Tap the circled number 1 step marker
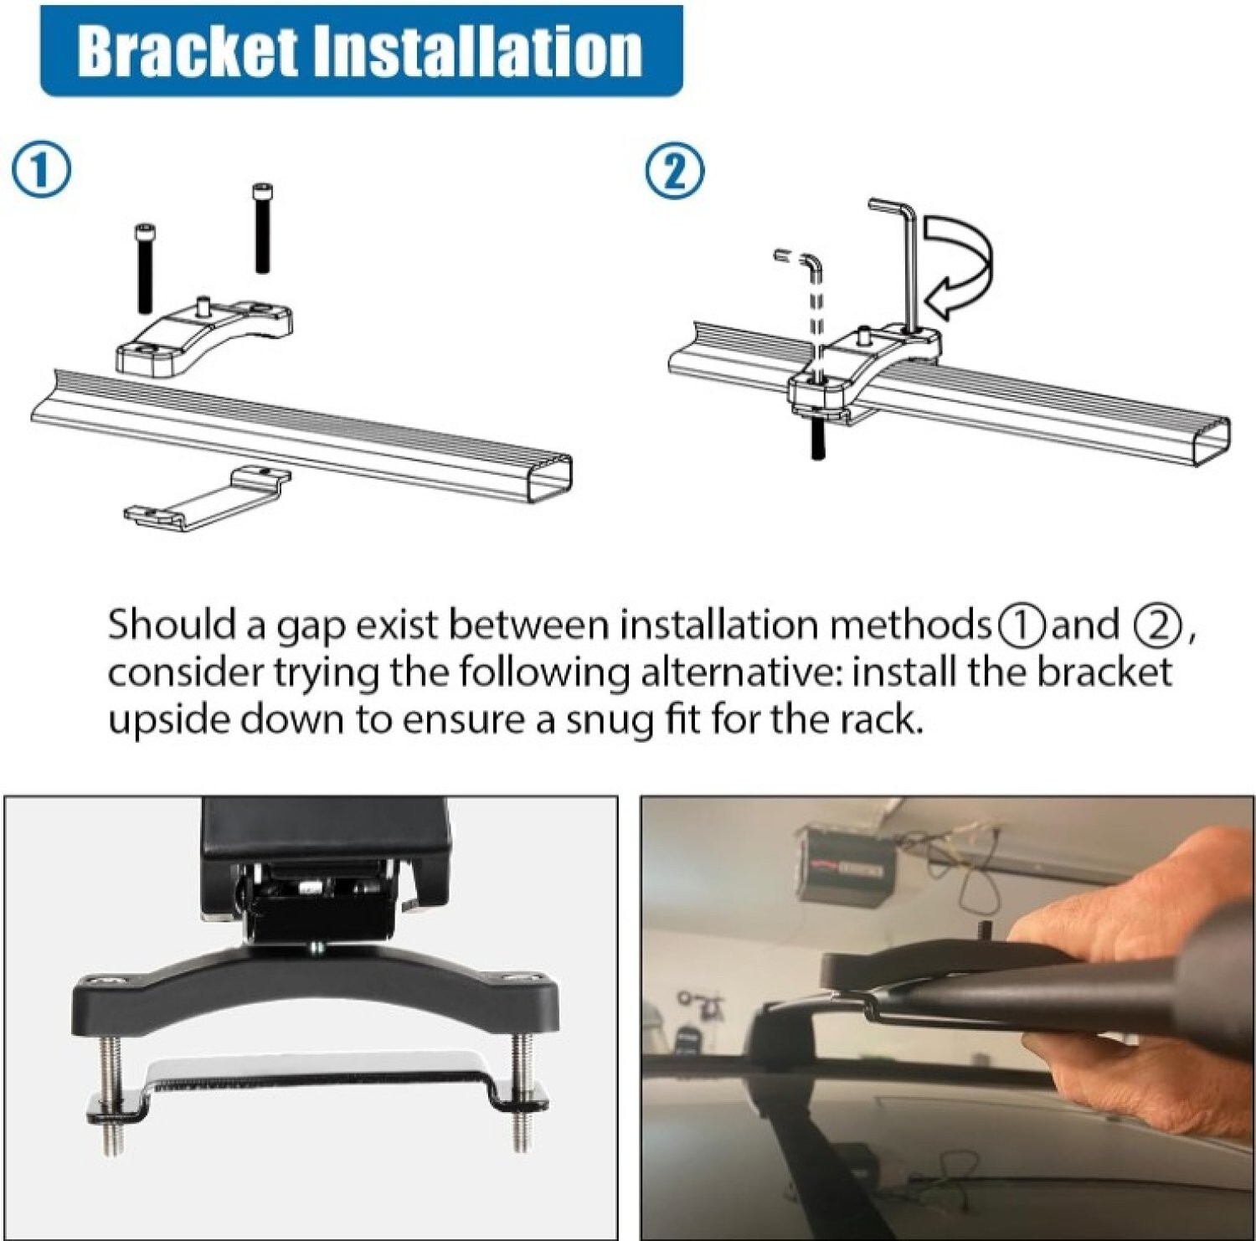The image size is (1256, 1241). [x=41, y=170]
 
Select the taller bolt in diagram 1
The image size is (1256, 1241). [x=262, y=228]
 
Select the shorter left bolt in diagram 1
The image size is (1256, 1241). [x=146, y=266]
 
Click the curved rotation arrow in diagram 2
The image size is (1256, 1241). [x=963, y=264]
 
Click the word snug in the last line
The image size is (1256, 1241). [x=609, y=720]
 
